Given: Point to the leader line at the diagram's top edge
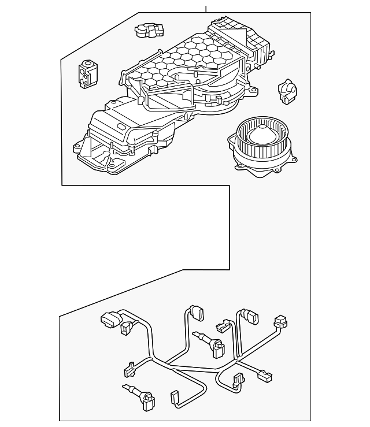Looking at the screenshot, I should pyautogui.click(x=206, y=6).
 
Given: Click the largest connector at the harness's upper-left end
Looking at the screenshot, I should pyautogui.click(x=109, y=318).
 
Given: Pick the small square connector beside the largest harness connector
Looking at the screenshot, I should pyautogui.click(x=125, y=329).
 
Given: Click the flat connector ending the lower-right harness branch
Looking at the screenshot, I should pyautogui.click(x=264, y=377).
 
